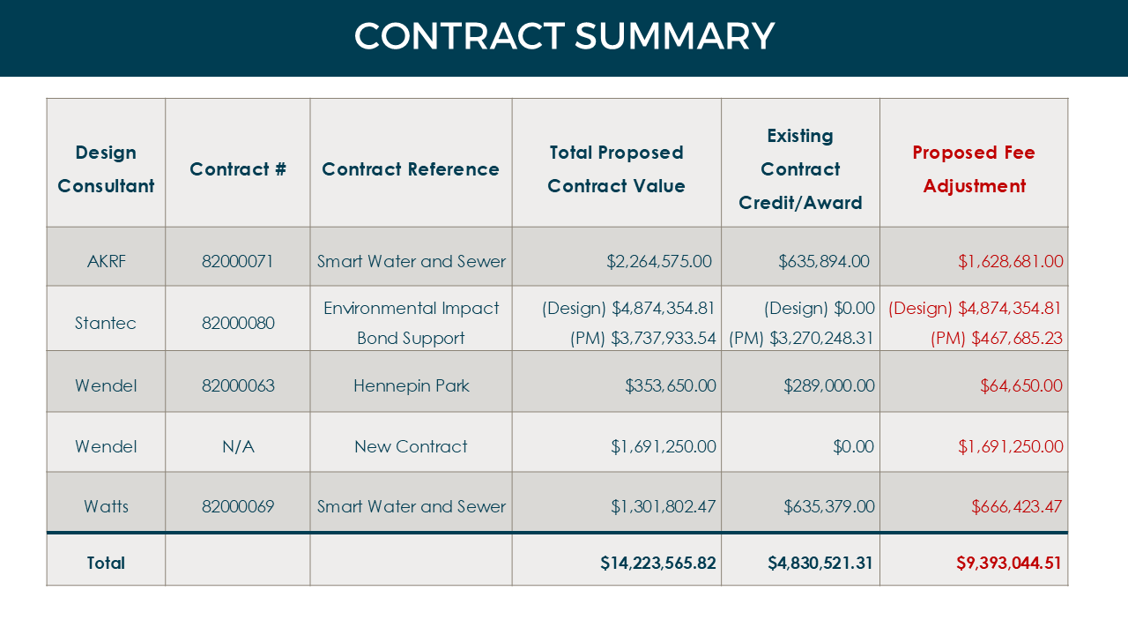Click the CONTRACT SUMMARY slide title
[564, 36]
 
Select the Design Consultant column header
[106, 168]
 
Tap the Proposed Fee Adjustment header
[974, 168]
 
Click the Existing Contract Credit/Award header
[800, 168]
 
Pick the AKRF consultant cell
[106, 261]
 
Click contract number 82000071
[238, 261]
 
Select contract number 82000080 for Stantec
[238, 323]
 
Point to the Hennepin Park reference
[412, 385]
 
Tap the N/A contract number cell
[238, 446]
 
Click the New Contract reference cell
[412, 446]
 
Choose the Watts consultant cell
[106, 506]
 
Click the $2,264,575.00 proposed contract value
[659, 261]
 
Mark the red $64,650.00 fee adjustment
[1020, 385]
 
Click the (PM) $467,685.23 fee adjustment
[996, 338]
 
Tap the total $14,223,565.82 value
[658, 563]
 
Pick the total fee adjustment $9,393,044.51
[1009, 563]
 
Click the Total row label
[106, 563]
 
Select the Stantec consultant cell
[106, 323]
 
